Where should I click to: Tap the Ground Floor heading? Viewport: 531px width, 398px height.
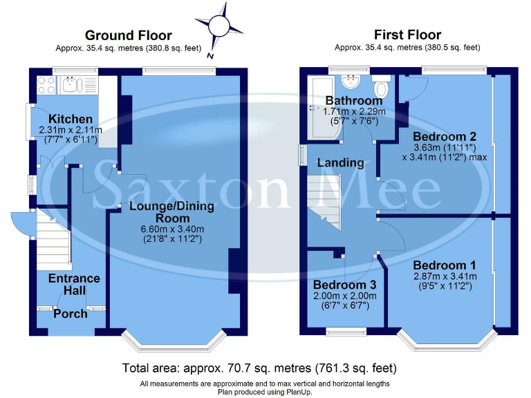tap(128, 35)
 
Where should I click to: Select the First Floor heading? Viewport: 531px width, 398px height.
tap(407, 35)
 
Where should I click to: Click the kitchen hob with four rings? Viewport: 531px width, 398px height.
tap(46, 85)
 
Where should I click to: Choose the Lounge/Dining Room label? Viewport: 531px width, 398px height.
tap(171, 206)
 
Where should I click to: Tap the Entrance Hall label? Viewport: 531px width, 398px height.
tap(74, 284)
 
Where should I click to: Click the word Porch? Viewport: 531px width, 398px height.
tap(71, 314)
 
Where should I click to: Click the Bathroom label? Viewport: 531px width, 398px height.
tap(353, 102)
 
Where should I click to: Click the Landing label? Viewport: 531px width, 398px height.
tap(340, 163)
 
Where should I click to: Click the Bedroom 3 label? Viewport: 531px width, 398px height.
tap(344, 285)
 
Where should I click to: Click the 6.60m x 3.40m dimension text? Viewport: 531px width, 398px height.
tap(171, 229)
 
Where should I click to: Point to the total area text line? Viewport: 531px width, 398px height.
tap(259, 368)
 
